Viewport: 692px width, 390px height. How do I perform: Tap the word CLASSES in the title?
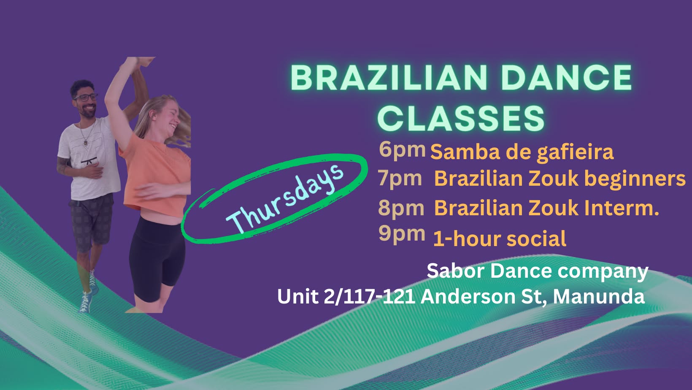tap(461, 118)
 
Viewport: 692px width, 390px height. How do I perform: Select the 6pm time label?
tap(402, 150)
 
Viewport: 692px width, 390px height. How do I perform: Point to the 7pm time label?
tap(400, 179)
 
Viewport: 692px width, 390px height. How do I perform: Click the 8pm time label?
tap(401, 208)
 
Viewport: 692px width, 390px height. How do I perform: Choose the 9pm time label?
tap(402, 234)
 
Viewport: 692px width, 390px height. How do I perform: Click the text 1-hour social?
tap(500, 238)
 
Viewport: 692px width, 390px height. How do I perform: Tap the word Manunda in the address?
tap(599, 297)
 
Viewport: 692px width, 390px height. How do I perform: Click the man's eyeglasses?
tap(86, 97)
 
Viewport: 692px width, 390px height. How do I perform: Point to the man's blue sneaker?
tap(86, 301)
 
